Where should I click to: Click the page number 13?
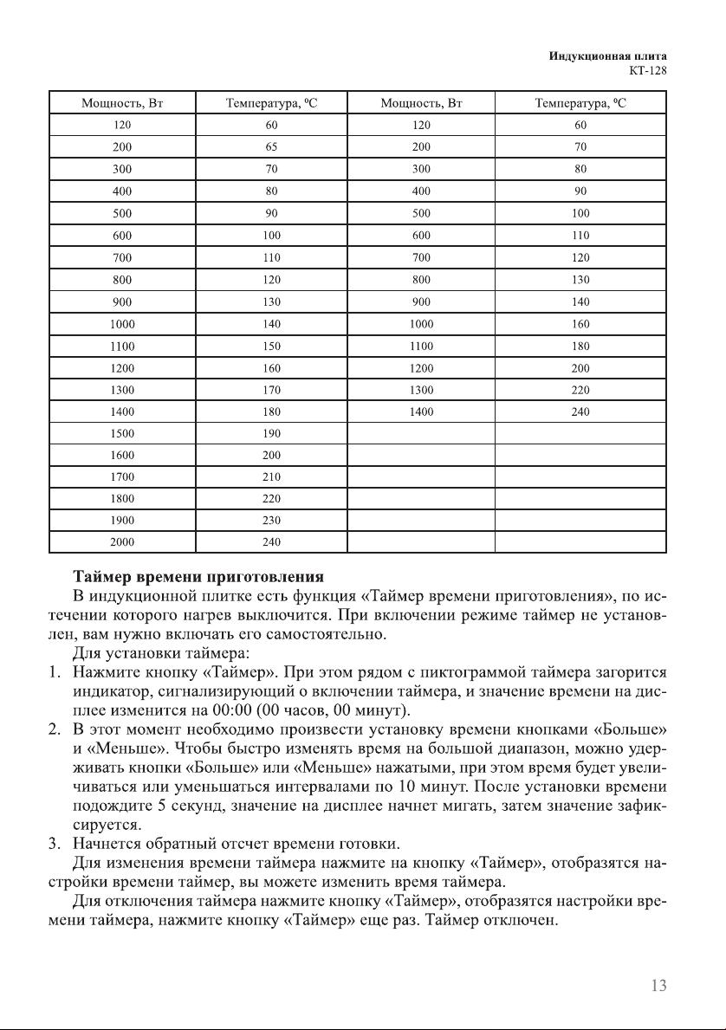pyautogui.click(x=657, y=985)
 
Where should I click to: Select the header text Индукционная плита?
pyautogui.click(x=607, y=56)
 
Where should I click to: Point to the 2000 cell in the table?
pyautogui.click(x=122, y=542)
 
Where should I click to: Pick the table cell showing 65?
pyautogui.click(x=271, y=147)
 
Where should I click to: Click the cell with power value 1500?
pyautogui.click(x=122, y=432)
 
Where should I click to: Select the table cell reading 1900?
pyautogui.click(x=122, y=520)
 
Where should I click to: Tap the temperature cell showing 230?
pyautogui.click(x=271, y=520)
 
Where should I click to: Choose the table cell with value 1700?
pyautogui.click(x=122, y=476)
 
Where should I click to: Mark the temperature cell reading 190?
pyautogui.click(x=271, y=432)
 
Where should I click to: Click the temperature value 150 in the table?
pyautogui.click(x=271, y=345)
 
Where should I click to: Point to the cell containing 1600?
pyautogui.click(x=122, y=455)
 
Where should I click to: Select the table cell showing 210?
pyautogui.click(x=271, y=476)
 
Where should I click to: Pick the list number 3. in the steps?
pyautogui.click(x=54, y=842)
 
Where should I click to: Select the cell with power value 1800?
pyautogui.click(x=122, y=498)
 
